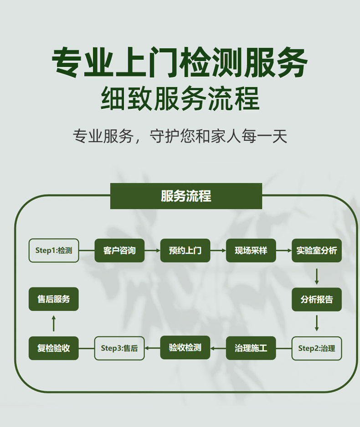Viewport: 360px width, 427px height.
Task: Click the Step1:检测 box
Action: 54,250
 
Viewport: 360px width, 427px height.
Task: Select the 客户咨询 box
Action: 119,250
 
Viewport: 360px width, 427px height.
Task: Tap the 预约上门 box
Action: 185,250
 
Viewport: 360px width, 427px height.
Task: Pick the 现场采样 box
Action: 251,250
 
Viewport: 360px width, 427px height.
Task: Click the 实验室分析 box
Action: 317,250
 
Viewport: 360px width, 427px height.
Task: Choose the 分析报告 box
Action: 317,299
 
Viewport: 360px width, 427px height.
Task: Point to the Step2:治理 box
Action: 317,348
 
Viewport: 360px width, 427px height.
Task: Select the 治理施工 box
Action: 251,348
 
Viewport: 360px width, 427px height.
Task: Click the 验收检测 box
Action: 185,348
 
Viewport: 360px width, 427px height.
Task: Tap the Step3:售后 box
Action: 119,348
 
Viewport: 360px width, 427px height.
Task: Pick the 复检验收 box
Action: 54,348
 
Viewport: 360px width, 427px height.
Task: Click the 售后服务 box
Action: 54,299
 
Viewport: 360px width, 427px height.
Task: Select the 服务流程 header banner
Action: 186,196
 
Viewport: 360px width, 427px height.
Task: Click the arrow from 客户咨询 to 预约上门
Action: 152,251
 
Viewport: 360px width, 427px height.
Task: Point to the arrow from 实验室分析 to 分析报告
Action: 317,276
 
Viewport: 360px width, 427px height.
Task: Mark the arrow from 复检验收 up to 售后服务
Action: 54,324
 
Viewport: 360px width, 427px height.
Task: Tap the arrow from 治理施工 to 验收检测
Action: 218,349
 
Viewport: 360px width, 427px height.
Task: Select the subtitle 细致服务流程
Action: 180,98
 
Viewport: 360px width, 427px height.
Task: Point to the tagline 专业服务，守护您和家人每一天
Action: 180,136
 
